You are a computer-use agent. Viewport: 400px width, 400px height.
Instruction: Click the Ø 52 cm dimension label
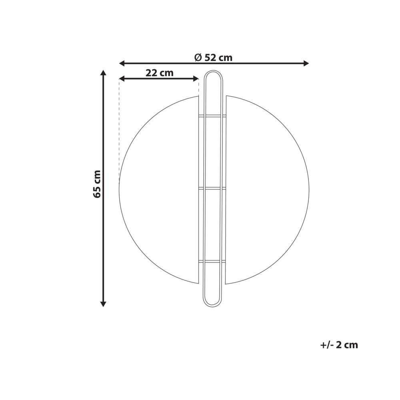pyautogui.click(x=213, y=58)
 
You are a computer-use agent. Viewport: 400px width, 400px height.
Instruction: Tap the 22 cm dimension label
pyautogui.click(x=160, y=73)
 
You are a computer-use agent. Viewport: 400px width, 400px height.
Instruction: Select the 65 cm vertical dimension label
pyautogui.click(x=97, y=184)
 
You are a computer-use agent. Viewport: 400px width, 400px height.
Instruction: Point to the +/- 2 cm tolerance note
pyautogui.click(x=339, y=345)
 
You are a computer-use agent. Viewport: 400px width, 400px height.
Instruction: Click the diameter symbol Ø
pyautogui.click(x=198, y=58)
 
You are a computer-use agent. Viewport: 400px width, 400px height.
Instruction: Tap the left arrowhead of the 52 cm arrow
pyautogui.click(x=122, y=63)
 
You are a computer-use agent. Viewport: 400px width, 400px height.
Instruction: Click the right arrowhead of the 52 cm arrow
pyautogui.click(x=306, y=63)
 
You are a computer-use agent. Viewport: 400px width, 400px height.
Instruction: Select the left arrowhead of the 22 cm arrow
pyautogui.click(x=122, y=78)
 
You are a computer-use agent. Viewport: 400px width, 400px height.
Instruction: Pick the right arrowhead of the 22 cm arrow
pyautogui.click(x=196, y=78)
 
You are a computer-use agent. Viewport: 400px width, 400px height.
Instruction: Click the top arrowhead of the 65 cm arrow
pyautogui.click(x=103, y=73)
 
